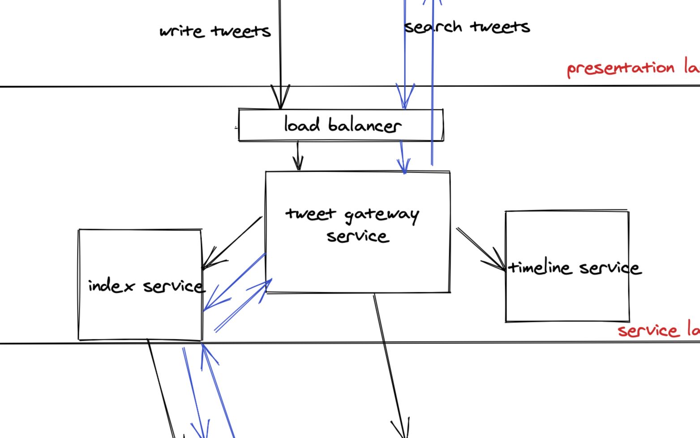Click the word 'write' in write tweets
click(x=182, y=31)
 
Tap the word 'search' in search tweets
click(x=433, y=27)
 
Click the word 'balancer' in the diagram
click(x=365, y=125)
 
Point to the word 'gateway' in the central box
click(x=382, y=215)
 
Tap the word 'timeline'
click(x=540, y=268)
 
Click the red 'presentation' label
click(x=621, y=69)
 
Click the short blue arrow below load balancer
click(x=403, y=157)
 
